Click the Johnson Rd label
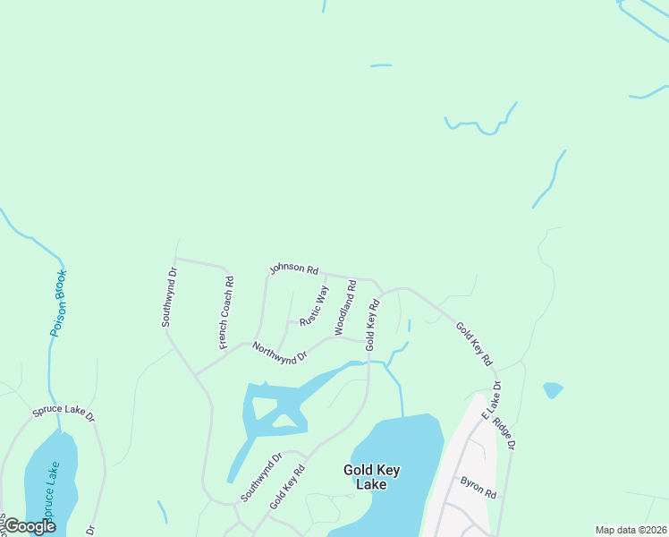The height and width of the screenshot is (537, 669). [294, 268]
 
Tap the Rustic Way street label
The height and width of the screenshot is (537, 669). [313, 305]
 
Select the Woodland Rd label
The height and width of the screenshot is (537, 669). [345, 308]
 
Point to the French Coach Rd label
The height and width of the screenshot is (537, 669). [227, 312]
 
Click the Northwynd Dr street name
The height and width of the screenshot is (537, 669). [279, 352]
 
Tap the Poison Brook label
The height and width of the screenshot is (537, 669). [58, 303]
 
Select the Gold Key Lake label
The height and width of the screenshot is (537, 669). [365, 476]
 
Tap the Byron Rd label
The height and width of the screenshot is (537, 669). [478, 488]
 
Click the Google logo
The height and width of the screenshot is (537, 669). [29, 526]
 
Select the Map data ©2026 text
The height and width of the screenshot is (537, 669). [631, 530]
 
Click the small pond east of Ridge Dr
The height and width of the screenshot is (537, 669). [553, 390]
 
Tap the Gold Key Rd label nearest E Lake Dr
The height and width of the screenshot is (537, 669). [474, 343]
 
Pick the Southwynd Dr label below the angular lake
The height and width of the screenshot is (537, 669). [261, 477]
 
